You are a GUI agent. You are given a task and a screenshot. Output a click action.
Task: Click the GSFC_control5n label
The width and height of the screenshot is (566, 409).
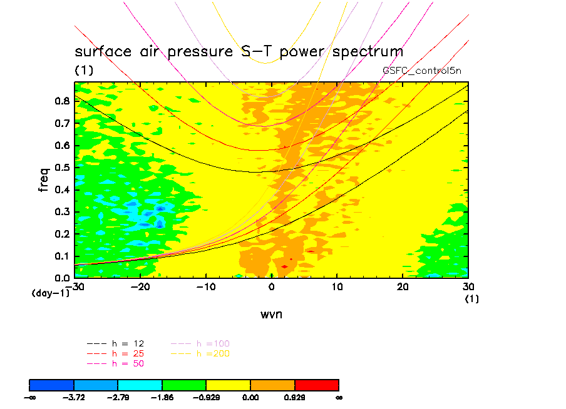[x=421, y=71]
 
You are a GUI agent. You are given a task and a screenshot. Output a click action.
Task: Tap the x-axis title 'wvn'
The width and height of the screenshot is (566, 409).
[x=271, y=314]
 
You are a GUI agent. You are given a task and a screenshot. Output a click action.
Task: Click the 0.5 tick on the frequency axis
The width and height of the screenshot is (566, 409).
[x=61, y=168]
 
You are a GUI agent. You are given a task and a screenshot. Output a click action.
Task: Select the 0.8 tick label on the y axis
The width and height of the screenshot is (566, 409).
[x=61, y=101]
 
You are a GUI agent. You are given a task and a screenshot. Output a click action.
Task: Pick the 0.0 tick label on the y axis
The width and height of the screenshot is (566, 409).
[x=61, y=277]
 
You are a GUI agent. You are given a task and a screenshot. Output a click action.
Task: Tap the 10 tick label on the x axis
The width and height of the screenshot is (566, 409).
[x=337, y=287]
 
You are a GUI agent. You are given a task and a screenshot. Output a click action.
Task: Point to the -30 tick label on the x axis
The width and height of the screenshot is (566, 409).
[x=76, y=287]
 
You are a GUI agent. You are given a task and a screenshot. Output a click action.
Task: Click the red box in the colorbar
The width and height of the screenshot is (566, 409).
[x=316, y=384]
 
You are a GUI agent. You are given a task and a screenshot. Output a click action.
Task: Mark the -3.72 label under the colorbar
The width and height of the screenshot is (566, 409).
[x=74, y=397]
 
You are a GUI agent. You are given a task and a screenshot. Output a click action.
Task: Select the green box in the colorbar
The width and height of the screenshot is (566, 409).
[x=184, y=384]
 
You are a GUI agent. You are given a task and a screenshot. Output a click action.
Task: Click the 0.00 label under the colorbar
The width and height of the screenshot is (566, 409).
[x=250, y=397]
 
